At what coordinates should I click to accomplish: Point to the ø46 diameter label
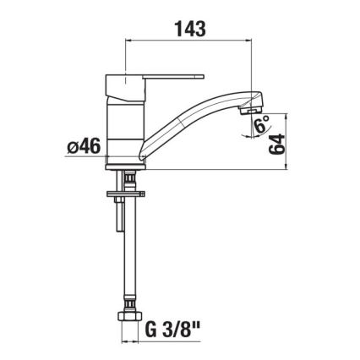coord(83,146)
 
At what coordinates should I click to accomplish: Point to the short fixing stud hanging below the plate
coord(116,218)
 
